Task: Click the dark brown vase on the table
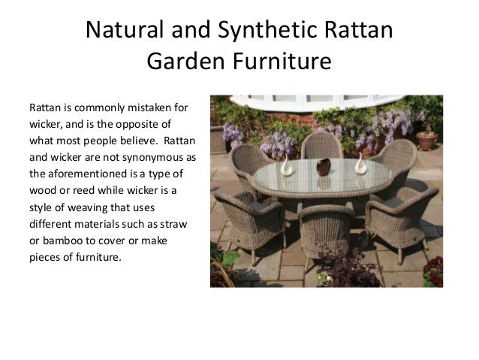323,166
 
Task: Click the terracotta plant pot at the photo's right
426,140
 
